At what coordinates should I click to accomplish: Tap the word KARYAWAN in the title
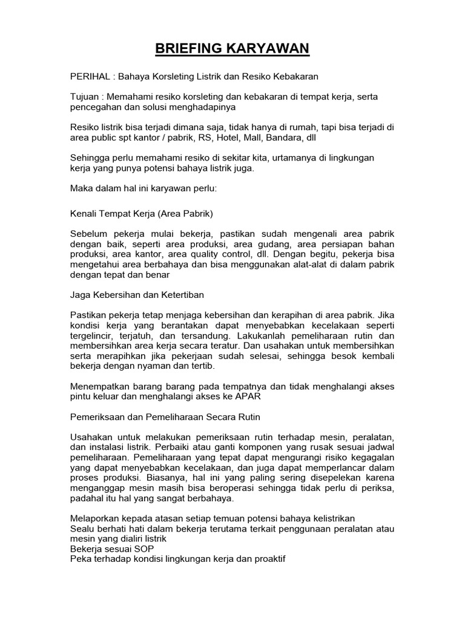point(277,48)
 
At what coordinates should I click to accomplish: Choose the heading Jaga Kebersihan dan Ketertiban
point(137,294)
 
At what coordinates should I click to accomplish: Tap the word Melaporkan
point(96,519)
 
